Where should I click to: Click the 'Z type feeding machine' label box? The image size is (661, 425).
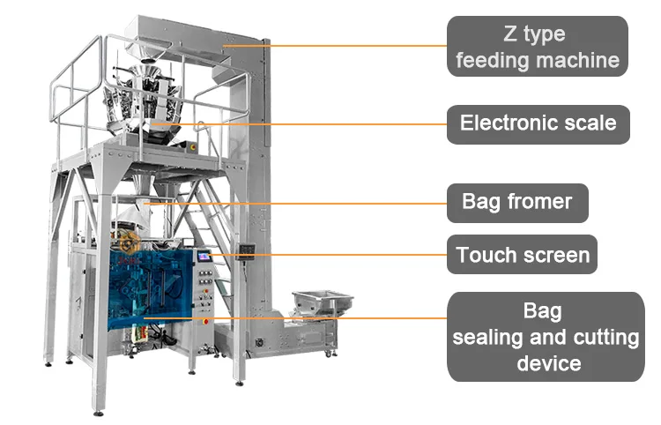(538, 47)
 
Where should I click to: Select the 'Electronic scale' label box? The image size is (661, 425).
(538, 123)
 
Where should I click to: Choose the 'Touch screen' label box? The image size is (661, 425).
(523, 255)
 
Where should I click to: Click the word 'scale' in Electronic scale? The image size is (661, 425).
(585, 123)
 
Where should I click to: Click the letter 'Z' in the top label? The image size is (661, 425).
(511, 34)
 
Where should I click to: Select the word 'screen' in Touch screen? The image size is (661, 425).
(554, 255)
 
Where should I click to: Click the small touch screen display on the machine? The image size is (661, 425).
(205, 257)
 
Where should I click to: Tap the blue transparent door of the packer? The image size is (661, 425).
(154, 287)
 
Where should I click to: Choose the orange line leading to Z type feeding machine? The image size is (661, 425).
(353, 45)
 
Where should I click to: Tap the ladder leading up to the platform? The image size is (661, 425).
(203, 229)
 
